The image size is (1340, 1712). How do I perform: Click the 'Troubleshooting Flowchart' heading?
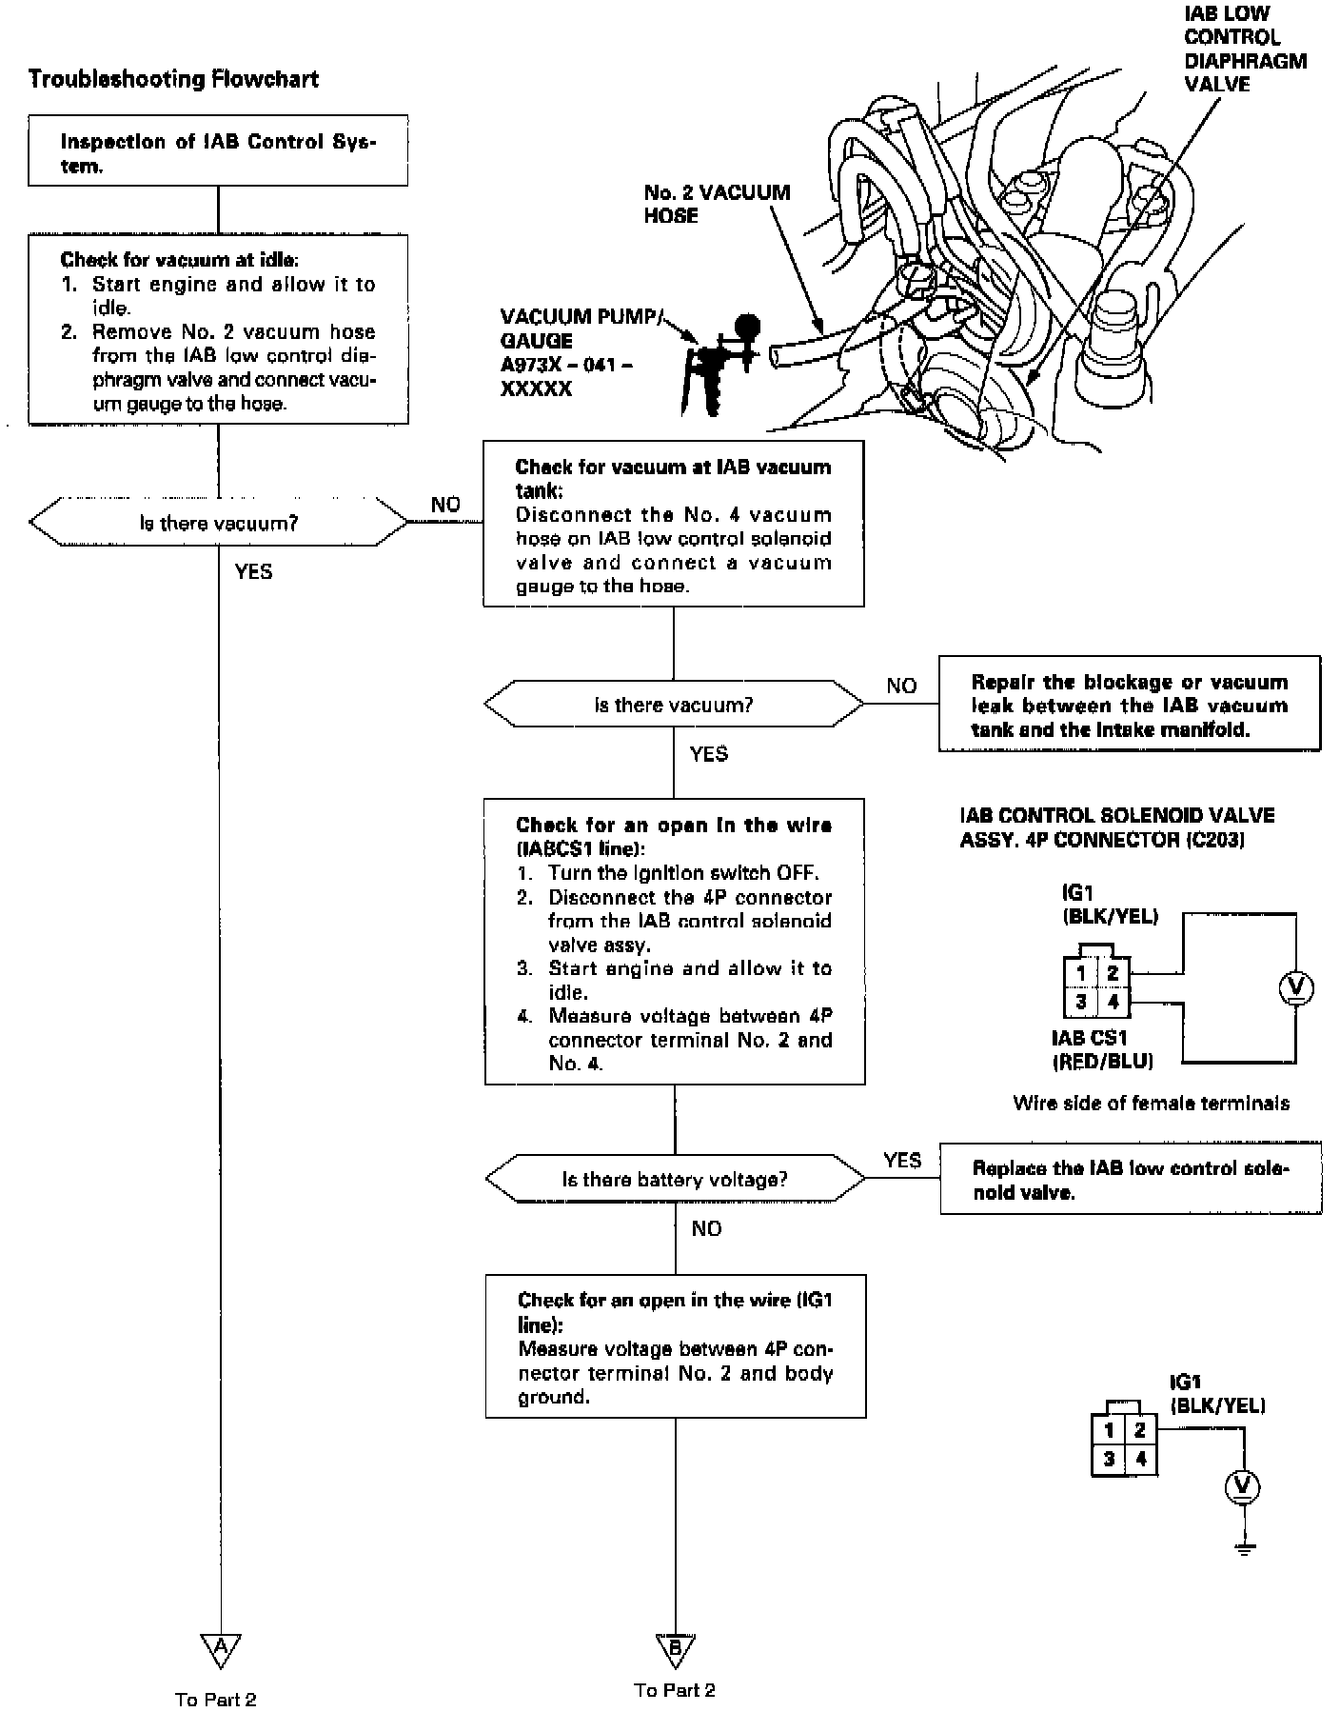click(x=173, y=79)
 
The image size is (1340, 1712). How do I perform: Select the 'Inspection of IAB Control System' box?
click(x=218, y=151)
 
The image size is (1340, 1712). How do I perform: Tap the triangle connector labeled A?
click(x=220, y=1648)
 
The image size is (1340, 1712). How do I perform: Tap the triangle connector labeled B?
click(x=675, y=1648)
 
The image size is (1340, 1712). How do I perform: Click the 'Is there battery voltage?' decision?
click(x=675, y=1180)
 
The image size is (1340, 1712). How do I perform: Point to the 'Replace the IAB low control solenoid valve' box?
click(x=1130, y=1180)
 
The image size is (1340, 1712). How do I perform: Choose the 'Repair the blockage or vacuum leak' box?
click(x=1129, y=705)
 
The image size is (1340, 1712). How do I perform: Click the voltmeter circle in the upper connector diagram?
click(x=1294, y=989)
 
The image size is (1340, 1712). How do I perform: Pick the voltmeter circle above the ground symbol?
click(x=1242, y=1486)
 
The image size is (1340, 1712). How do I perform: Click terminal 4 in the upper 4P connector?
click(x=1113, y=1002)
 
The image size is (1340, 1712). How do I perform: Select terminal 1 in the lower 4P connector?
click(x=1109, y=1430)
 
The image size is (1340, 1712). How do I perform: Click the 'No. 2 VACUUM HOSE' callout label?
click(x=717, y=204)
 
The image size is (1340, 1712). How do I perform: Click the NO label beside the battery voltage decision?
click(x=706, y=1228)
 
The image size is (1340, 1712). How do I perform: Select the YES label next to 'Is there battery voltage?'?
click(x=901, y=1160)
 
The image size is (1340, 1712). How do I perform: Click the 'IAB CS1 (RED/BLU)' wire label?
click(x=1102, y=1049)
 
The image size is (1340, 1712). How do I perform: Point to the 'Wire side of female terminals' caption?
click(x=1151, y=1104)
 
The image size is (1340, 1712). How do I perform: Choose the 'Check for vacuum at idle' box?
click(x=218, y=329)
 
